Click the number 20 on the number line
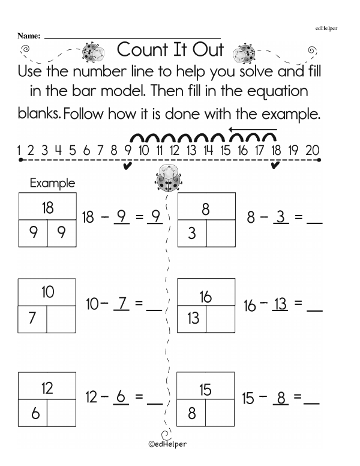[x=312, y=150]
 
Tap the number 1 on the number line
[x=20, y=150]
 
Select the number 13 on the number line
[x=191, y=150]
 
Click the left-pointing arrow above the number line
[x=253, y=129]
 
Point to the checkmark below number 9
[x=127, y=166]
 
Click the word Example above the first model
[x=53, y=183]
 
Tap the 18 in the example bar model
[x=47, y=208]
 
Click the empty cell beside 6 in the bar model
[x=61, y=414]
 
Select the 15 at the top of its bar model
[x=205, y=390]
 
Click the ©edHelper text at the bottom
[x=167, y=445]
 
